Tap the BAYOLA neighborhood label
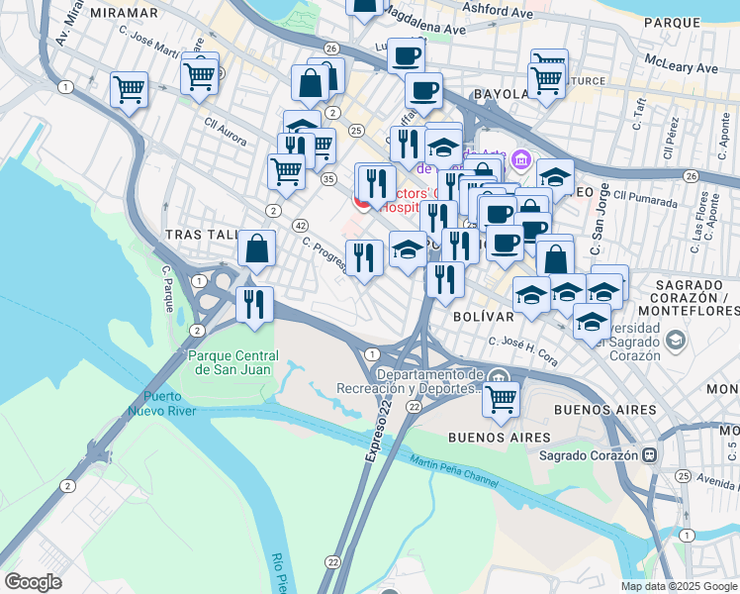tap(501, 94)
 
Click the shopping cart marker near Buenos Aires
tap(502, 398)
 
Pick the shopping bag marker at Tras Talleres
tap(257, 251)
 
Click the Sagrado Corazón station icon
tap(649, 455)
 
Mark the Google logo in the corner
tap(33, 582)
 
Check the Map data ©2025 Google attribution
tap(678, 586)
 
